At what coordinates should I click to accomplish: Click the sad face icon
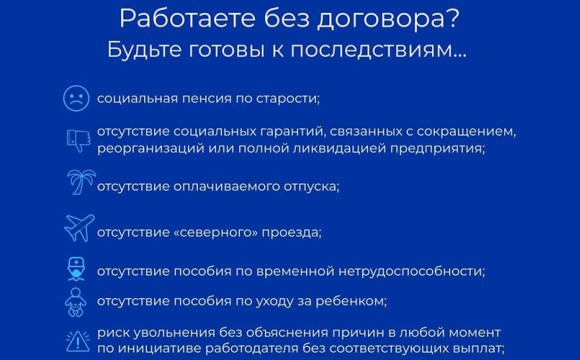(76, 98)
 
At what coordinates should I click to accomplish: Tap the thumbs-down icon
(77, 139)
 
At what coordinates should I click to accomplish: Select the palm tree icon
(77, 184)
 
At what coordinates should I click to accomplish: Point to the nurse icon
(77, 269)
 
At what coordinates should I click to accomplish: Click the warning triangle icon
(77, 341)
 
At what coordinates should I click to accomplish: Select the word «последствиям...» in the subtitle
(398, 49)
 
